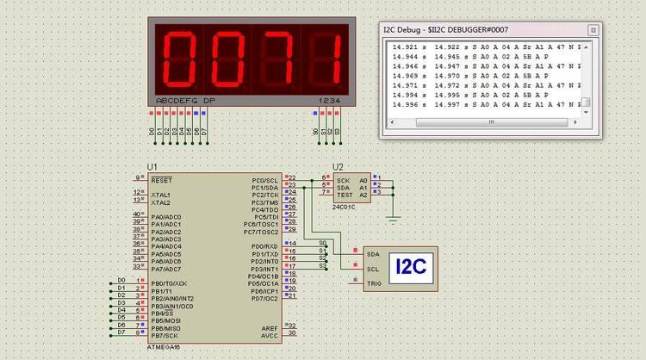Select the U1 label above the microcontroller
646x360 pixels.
point(152,166)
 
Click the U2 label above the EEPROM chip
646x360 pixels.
point(338,166)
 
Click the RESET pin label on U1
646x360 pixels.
point(161,181)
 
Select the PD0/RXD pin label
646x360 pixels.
point(264,247)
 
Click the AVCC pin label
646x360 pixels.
point(270,336)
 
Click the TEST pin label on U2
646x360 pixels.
point(343,196)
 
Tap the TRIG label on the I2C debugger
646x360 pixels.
point(374,283)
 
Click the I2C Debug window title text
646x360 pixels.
point(445,29)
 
